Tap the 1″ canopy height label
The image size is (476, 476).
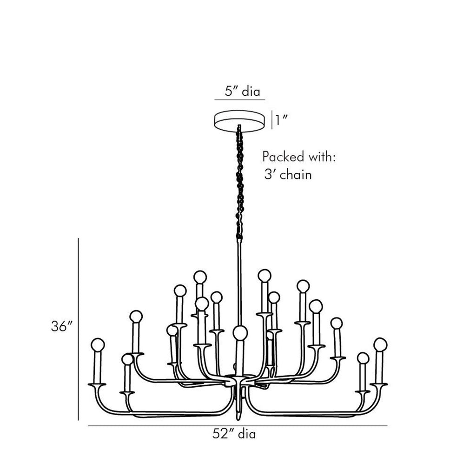click(282, 120)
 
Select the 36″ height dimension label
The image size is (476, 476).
click(62, 327)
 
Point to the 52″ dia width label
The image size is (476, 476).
click(234, 435)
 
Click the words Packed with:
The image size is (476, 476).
click(299, 157)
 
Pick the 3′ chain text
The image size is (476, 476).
click(287, 176)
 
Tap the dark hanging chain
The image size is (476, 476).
click(240, 181)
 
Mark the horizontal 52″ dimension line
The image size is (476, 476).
click(237, 426)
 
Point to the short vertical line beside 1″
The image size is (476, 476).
click(271, 119)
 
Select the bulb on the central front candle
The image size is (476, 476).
click(240, 332)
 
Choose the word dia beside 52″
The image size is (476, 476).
click(247, 435)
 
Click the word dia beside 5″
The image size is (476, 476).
click(251, 91)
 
